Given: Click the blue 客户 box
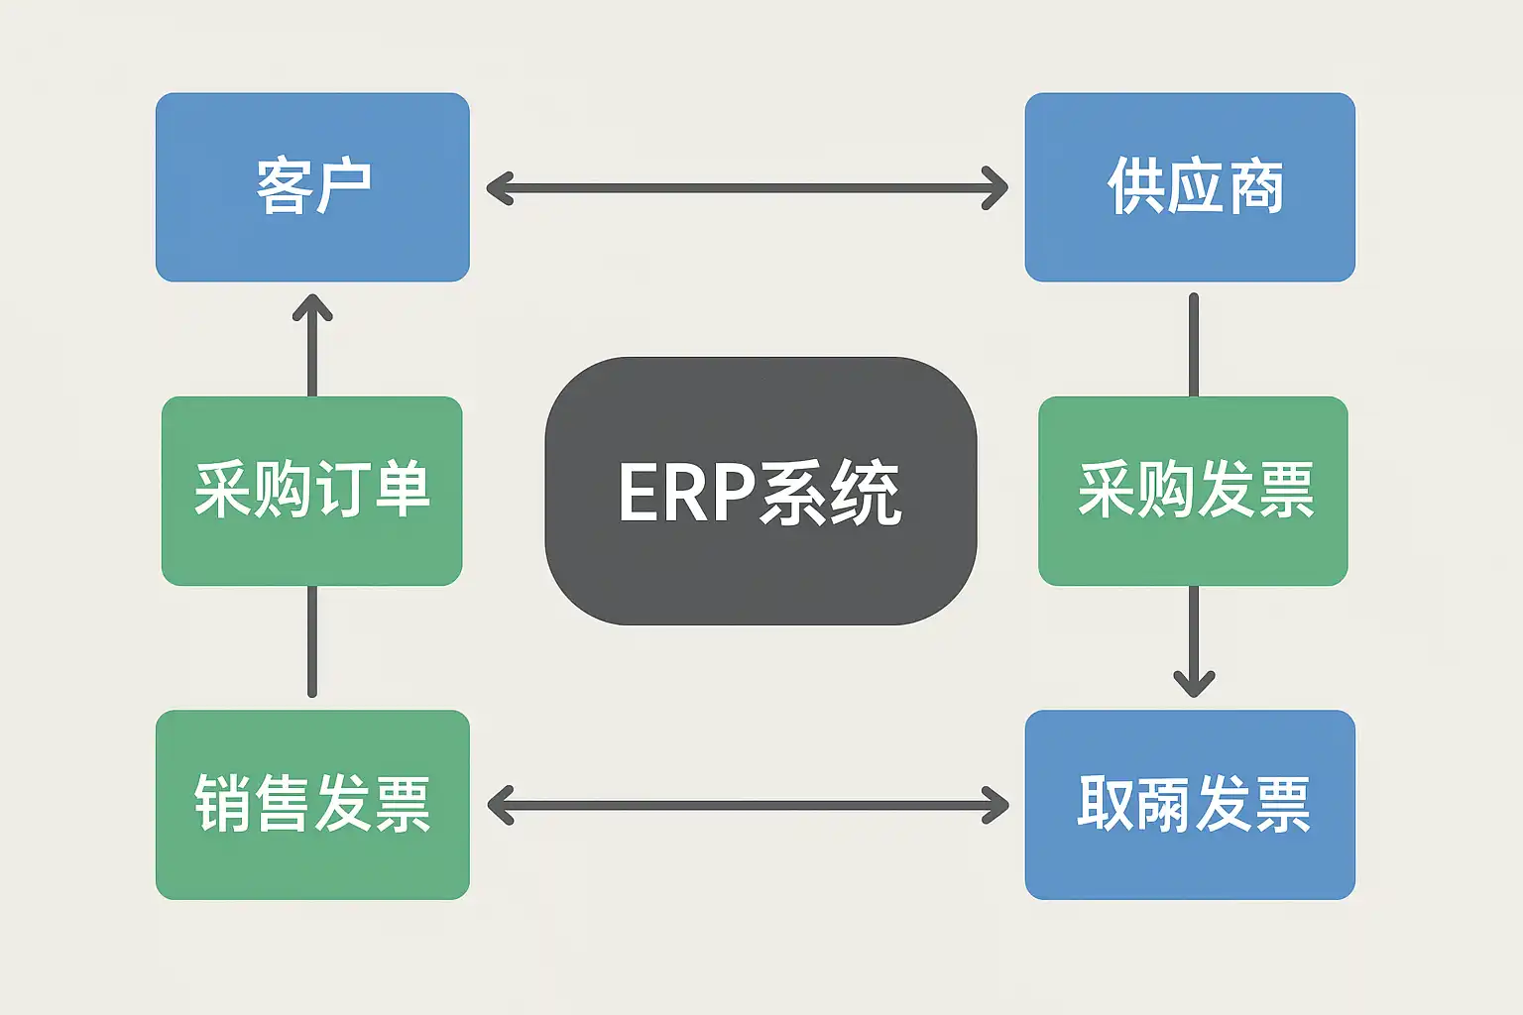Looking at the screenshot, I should (312, 187).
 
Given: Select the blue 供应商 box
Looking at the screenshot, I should (1190, 187).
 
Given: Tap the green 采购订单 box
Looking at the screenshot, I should (312, 491).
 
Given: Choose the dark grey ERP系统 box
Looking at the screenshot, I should (761, 491).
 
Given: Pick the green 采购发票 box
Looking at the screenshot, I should (1193, 491).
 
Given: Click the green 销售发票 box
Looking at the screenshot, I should (312, 804).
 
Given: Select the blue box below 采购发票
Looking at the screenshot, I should (1190, 804).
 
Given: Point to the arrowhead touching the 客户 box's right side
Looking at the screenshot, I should (499, 188).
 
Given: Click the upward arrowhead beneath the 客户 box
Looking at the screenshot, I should (312, 307).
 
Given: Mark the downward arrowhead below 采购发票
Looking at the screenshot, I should (1194, 683).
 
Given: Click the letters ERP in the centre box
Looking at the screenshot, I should (686, 493).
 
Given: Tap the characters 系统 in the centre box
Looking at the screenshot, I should (830, 493).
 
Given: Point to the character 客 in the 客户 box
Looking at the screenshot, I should (284, 186).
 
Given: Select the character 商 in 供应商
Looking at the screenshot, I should (1255, 186).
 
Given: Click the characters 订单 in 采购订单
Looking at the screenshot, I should (372, 491).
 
